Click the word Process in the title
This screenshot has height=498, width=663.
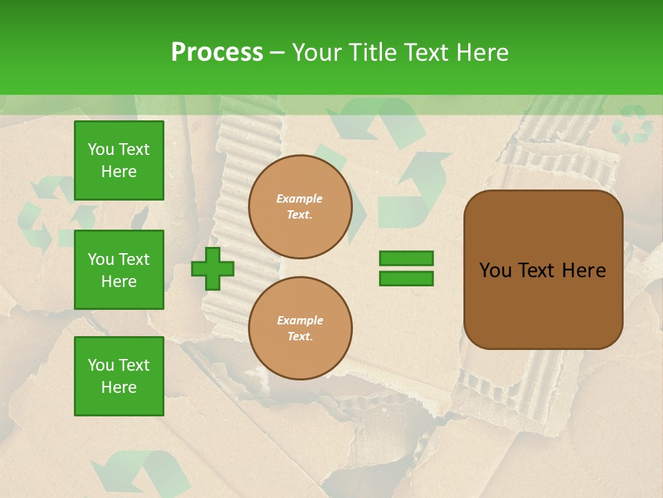tap(217, 52)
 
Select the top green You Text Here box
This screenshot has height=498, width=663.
tap(119, 160)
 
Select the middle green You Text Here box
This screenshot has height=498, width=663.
tap(119, 270)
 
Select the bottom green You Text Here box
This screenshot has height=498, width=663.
tap(119, 376)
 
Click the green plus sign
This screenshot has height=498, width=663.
tap(213, 268)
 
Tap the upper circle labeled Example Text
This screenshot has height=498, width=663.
tap(300, 207)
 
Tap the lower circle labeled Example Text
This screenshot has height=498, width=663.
tap(300, 329)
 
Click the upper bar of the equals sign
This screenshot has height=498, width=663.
tap(406, 258)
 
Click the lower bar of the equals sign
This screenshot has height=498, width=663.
tap(406, 279)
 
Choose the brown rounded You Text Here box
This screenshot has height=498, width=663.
tap(543, 270)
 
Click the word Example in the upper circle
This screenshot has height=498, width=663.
tap(300, 199)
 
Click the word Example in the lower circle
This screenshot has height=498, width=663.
tap(300, 320)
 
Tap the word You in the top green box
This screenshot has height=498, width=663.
tap(101, 149)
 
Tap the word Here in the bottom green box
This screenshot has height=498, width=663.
tap(119, 387)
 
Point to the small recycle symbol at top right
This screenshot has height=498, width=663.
tap(631, 124)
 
